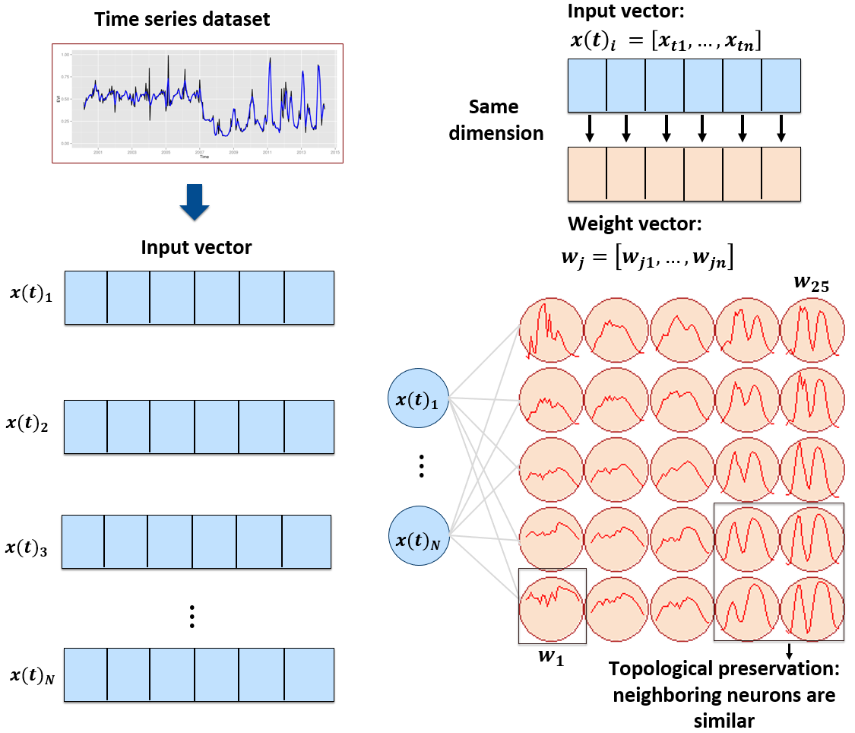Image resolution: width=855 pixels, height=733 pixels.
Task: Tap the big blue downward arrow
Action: (x=195, y=202)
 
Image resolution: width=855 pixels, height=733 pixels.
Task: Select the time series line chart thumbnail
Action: (x=195, y=103)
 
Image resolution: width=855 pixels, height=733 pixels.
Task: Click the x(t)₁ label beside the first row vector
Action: (x=31, y=294)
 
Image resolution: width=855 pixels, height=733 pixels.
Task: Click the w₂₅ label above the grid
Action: (x=810, y=284)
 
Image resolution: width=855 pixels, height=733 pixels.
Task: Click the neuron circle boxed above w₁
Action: (x=552, y=606)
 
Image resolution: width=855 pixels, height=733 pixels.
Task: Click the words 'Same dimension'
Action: (x=496, y=120)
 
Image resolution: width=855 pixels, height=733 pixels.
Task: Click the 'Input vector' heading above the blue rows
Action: (x=196, y=247)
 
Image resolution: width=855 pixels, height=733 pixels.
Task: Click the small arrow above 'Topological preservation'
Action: (x=789, y=650)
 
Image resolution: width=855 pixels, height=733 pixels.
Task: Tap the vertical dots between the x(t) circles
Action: (x=422, y=465)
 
